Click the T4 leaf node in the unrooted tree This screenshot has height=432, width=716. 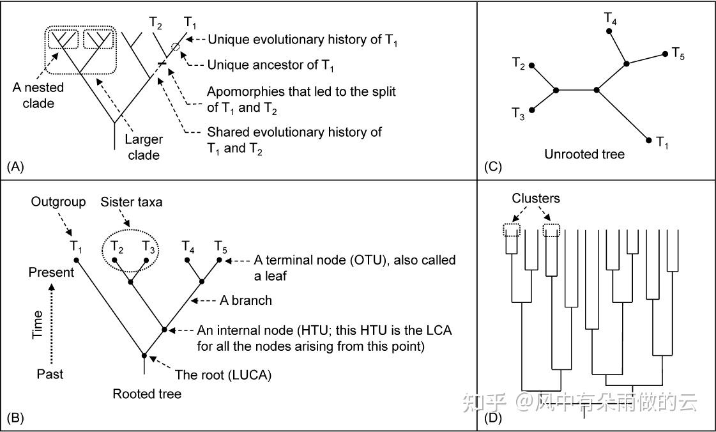click(x=609, y=31)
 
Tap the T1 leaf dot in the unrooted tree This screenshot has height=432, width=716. click(x=648, y=140)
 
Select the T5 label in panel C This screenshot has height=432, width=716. click(x=678, y=54)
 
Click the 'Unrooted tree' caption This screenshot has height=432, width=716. click(x=584, y=155)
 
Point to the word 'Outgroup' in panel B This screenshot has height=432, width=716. click(x=59, y=201)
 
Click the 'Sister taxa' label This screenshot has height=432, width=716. click(x=132, y=202)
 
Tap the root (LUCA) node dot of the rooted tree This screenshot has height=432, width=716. click(x=144, y=355)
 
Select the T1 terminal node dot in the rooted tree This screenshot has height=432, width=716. click(x=77, y=260)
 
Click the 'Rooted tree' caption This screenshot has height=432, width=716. click(x=147, y=394)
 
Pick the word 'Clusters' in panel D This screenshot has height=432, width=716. click(x=536, y=198)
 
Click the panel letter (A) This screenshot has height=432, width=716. click(x=15, y=167)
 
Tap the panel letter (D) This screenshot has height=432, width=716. click(x=493, y=417)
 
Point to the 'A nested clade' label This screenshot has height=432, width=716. click(x=38, y=95)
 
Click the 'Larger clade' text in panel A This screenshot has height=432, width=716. click(x=144, y=147)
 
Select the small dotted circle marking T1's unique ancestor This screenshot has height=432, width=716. click(x=176, y=47)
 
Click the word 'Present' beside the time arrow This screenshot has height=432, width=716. click(x=51, y=273)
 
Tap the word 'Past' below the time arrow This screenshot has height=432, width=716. click(x=50, y=374)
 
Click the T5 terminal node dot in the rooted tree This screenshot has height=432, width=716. click(x=219, y=260)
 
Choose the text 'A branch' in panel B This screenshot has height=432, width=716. click(x=246, y=300)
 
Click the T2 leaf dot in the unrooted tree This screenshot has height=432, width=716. click(x=531, y=66)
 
